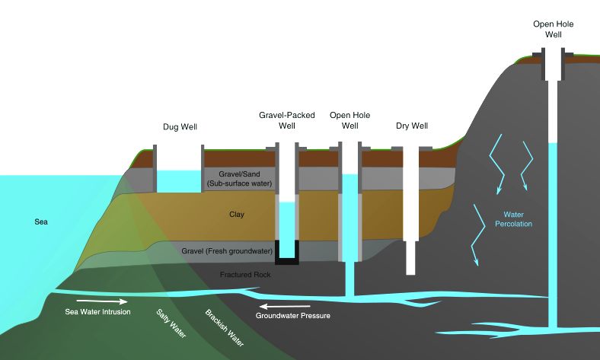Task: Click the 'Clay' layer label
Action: (x=237, y=215)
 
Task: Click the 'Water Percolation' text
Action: (x=512, y=219)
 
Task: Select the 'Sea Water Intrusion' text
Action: (x=97, y=312)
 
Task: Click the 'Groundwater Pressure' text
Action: (x=293, y=314)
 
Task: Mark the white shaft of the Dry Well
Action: (x=410, y=213)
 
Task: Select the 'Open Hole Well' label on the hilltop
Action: (x=553, y=30)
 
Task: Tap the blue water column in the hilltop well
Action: (x=553, y=221)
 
